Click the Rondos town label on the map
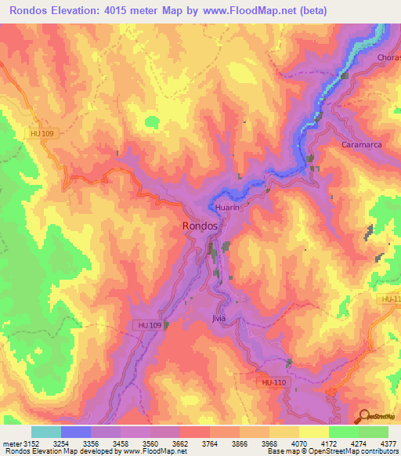pyautogui.click(x=200, y=225)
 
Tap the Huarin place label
pyautogui.click(x=227, y=208)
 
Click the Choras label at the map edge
pyautogui.click(x=388, y=59)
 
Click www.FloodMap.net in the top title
pyautogui.click(x=240, y=10)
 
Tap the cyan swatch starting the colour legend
pyautogui.click(x=46, y=432)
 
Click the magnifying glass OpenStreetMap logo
pyautogui.click(x=363, y=414)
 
